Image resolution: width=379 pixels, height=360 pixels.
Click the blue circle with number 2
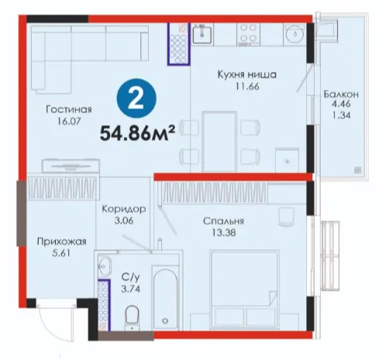point(136,98)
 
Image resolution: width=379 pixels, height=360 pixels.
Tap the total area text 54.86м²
point(138,132)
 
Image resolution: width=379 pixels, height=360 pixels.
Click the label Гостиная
point(69,109)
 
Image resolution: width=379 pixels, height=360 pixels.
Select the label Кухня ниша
point(247,74)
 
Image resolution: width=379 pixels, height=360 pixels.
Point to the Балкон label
point(341,94)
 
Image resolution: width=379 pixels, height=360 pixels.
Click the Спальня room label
point(223,221)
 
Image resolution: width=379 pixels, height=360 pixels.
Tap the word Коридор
point(124,209)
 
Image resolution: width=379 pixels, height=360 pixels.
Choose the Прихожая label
point(62,242)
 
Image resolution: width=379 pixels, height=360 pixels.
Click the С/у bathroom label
point(131,277)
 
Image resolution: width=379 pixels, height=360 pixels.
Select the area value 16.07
point(69,121)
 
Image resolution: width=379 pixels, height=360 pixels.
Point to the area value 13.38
point(224,233)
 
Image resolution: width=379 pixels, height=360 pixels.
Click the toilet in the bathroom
point(132,317)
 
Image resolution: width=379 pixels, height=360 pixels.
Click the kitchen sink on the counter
point(202,34)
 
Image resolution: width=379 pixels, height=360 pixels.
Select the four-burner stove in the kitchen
point(249,34)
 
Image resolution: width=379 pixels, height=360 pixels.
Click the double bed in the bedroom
point(244,290)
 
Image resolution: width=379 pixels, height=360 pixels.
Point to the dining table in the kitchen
point(219,142)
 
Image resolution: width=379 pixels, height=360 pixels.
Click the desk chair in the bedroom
point(287,216)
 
